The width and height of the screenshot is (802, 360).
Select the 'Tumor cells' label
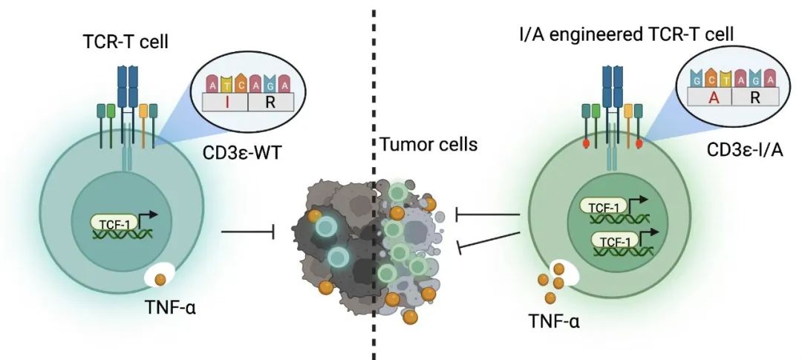coord(428,145)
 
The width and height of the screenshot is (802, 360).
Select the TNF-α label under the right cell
coord(554,322)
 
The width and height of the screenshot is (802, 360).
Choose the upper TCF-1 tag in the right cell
coord(599,209)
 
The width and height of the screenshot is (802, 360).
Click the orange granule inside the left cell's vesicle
coord(160,280)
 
